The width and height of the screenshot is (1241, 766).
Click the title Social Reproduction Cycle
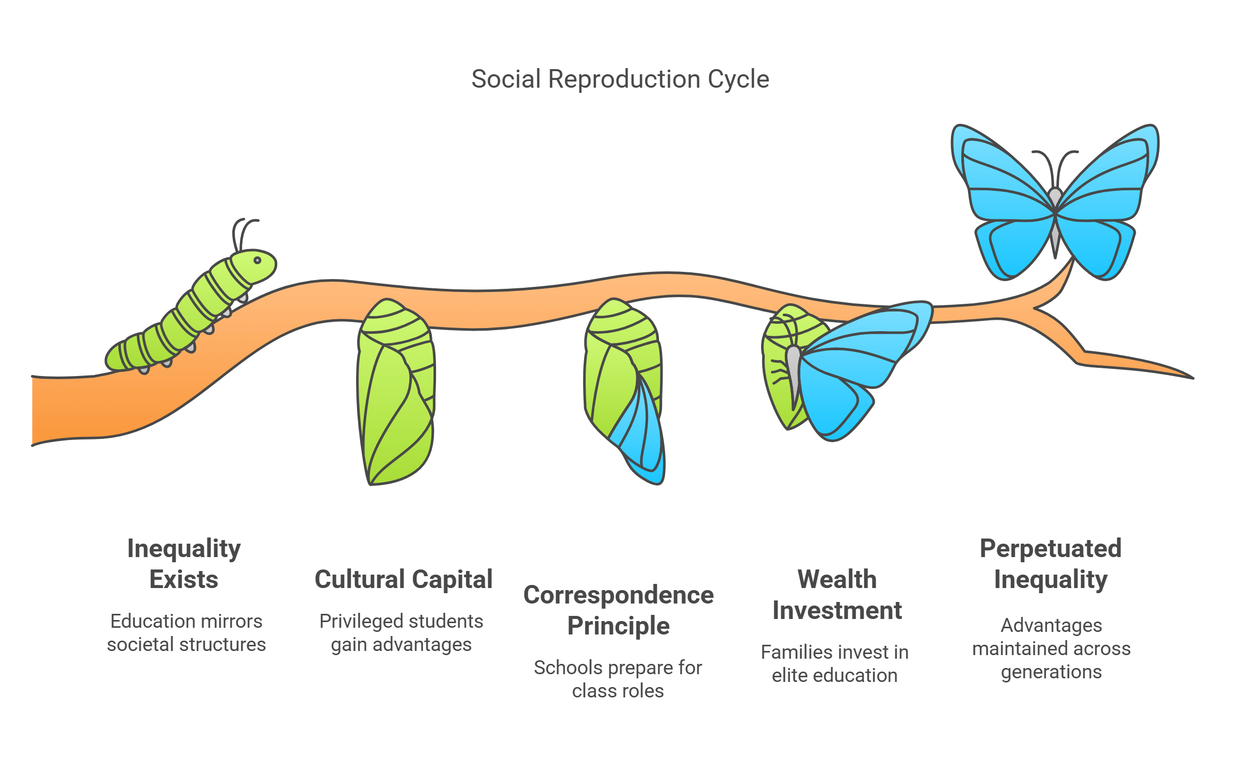620,79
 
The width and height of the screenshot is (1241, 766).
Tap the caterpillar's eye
257,260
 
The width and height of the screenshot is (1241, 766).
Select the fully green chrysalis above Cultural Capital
395,392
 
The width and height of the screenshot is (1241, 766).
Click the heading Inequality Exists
184,563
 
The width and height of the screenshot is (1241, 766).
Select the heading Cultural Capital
403,579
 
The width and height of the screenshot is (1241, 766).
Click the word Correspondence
618,595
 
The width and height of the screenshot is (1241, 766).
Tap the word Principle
618,626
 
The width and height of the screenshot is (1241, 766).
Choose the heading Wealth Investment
836,594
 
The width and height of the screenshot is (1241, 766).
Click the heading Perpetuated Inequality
1051,563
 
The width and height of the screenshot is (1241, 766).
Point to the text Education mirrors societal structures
186,632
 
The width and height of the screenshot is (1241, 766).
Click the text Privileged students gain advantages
401,632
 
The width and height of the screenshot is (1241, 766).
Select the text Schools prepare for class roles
618,679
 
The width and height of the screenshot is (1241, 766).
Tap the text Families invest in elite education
834,663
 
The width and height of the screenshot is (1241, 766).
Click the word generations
1051,672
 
